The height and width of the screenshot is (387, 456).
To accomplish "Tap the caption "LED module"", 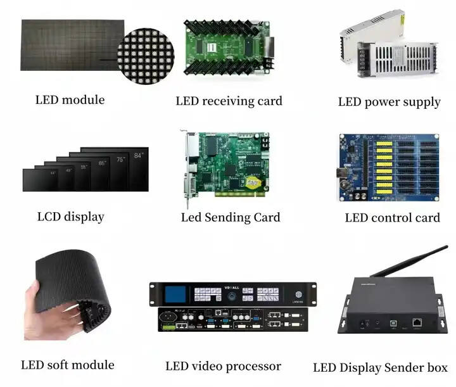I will pos(70,99).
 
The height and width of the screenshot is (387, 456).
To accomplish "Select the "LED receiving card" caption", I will pos(229,101).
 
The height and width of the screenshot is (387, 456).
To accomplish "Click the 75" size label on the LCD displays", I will pos(119,159).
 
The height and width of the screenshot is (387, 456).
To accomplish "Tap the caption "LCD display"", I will pos(70,217).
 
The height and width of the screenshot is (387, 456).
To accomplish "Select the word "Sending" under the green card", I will pos(231,217).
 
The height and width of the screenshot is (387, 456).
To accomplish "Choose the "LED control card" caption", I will pos(392,217).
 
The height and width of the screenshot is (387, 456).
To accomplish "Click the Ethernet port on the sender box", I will pos(417,322).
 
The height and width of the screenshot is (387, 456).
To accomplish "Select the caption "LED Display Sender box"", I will pos(380,367).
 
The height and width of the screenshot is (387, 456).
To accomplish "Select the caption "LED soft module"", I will pos(68,364).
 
